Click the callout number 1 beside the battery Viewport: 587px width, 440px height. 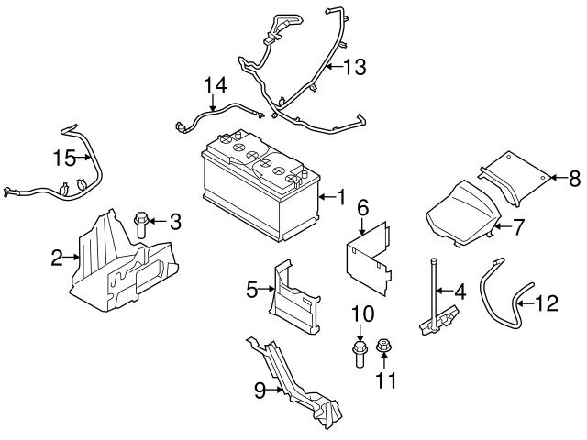pyautogui.click(x=340, y=196)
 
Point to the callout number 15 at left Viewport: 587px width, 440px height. pyautogui.click(x=62, y=158)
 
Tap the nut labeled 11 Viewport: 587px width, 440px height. pyautogui.click(x=383, y=348)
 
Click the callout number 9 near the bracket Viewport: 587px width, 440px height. pyautogui.click(x=260, y=390)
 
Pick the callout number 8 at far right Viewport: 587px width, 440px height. pyautogui.click(x=576, y=177)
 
